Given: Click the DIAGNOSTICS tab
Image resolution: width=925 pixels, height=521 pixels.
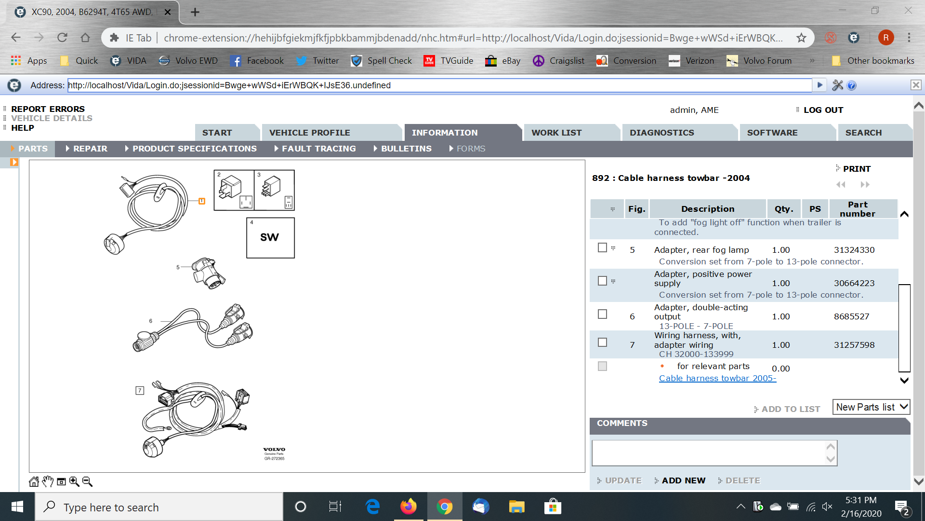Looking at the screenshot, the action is [x=661, y=133].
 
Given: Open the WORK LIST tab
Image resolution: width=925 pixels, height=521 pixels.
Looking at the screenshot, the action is [x=556, y=133].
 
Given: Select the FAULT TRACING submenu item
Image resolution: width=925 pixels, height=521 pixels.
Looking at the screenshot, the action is [x=318, y=149].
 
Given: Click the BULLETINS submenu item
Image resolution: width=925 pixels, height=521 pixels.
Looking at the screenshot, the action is [x=406, y=149].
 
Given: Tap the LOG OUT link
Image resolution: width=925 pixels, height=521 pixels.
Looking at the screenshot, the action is [x=823, y=110].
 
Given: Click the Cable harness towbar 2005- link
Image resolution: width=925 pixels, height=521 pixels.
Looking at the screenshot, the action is [x=717, y=378].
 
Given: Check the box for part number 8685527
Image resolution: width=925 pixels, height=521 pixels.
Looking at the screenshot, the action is [x=602, y=314].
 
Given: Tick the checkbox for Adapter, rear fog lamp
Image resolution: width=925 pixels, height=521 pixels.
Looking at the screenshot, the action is [x=602, y=247].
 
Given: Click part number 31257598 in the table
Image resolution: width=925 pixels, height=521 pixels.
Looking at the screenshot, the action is [x=854, y=345].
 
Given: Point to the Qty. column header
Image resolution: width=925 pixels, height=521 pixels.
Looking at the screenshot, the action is [x=784, y=209].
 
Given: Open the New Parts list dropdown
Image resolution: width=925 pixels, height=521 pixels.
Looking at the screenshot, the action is [x=871, y=407].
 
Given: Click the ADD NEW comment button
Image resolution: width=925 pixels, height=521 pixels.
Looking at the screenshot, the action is [x=683, y=480].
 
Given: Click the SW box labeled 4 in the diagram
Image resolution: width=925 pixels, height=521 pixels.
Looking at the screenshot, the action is [x=270, y=237].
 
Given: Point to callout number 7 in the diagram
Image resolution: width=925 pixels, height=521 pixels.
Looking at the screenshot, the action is [x=140, y=390].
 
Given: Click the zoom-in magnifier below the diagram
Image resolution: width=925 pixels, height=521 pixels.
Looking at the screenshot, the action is [x=74, y=481].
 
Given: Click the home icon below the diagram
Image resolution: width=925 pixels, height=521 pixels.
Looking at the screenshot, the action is [x=34, y=481].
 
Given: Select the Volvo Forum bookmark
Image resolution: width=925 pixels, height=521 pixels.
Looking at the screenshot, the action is [x=759, y=61].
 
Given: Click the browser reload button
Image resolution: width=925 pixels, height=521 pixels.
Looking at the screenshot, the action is [x=62, y=38].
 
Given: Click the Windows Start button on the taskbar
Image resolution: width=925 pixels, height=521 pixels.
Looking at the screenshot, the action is [x=17, y=507].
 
